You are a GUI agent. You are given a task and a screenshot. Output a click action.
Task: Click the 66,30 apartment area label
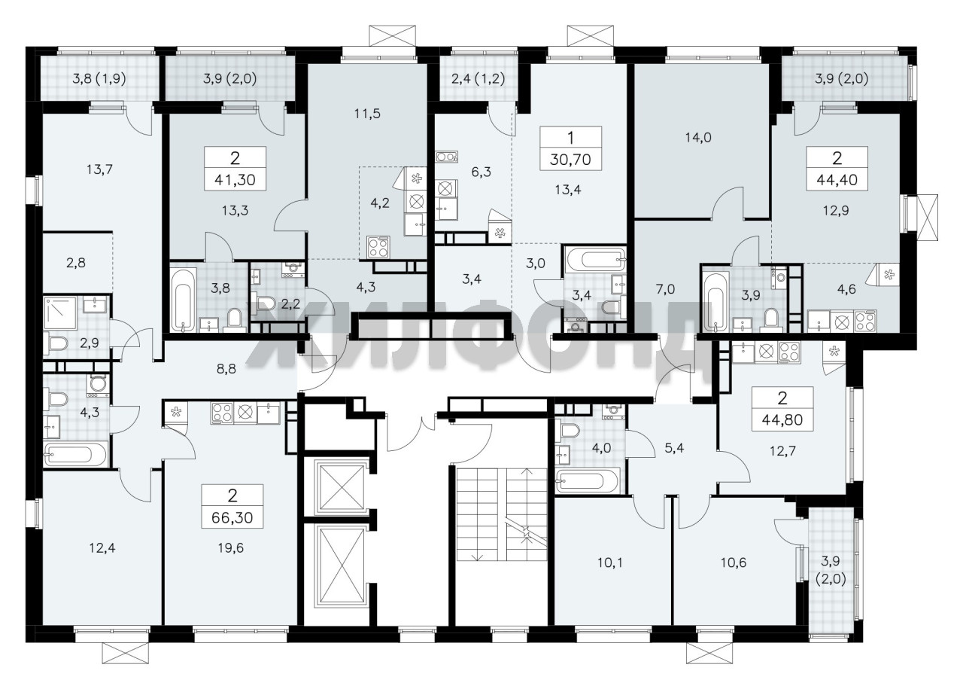click(232, 518)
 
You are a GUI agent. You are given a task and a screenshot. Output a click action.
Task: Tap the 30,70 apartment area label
click(570, 160)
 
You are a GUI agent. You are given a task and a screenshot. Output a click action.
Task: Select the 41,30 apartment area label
click(235, 180)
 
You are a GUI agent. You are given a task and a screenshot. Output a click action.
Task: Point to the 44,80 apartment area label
click(782, 419)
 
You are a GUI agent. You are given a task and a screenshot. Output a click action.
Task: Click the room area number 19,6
click(231, 548)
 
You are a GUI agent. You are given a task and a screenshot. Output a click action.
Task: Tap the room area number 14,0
click(698, 138)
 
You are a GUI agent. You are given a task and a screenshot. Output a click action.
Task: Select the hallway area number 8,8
click(226, 369)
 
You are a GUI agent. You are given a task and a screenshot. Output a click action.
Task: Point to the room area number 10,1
click(610, 562)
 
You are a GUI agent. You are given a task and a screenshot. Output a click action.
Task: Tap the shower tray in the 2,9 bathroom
click(60, 312)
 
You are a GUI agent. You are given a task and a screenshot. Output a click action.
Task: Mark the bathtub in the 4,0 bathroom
click(587, 480)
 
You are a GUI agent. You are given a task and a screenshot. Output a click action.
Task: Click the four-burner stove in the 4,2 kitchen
click(378, 248)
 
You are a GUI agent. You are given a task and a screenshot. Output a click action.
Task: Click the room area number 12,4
click(102, 548)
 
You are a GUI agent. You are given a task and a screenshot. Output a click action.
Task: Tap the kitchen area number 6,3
click(481, 172)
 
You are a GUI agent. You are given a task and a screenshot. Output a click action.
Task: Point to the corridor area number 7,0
click(665, 289)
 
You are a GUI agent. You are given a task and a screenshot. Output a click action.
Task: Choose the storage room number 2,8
click(76, 263)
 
